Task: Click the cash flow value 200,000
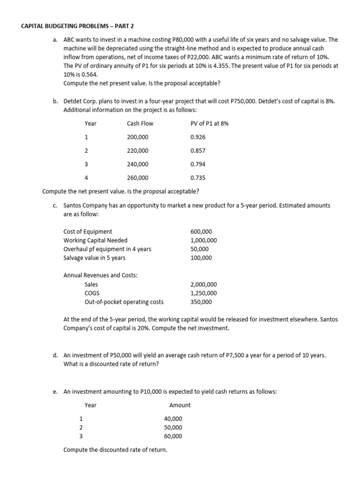click(x=137, y=137)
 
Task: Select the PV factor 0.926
click(x=198, y=137)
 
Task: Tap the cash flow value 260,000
click(x=137, y=178)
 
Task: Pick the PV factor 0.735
click(x=198, y=178)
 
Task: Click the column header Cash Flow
click(x=140, y=124)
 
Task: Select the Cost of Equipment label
click(x=88, y=232)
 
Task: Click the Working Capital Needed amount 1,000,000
click(x=203, y=240)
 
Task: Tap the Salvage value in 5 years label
click(x=94, y=258)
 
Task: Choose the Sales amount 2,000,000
click(x=203, y=285)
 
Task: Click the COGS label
click(x=92, y=293)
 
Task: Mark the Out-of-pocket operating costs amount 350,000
click(x=201, y=302)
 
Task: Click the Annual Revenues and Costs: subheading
click(x=100, y=276)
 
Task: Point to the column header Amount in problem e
click(x=180, y=405)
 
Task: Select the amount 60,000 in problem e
click(x=173, y=436)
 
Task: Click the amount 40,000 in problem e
click(x=173, y=419)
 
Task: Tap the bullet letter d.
click(x=55, y=356)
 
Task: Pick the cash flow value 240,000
click(x=137, y=165)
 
